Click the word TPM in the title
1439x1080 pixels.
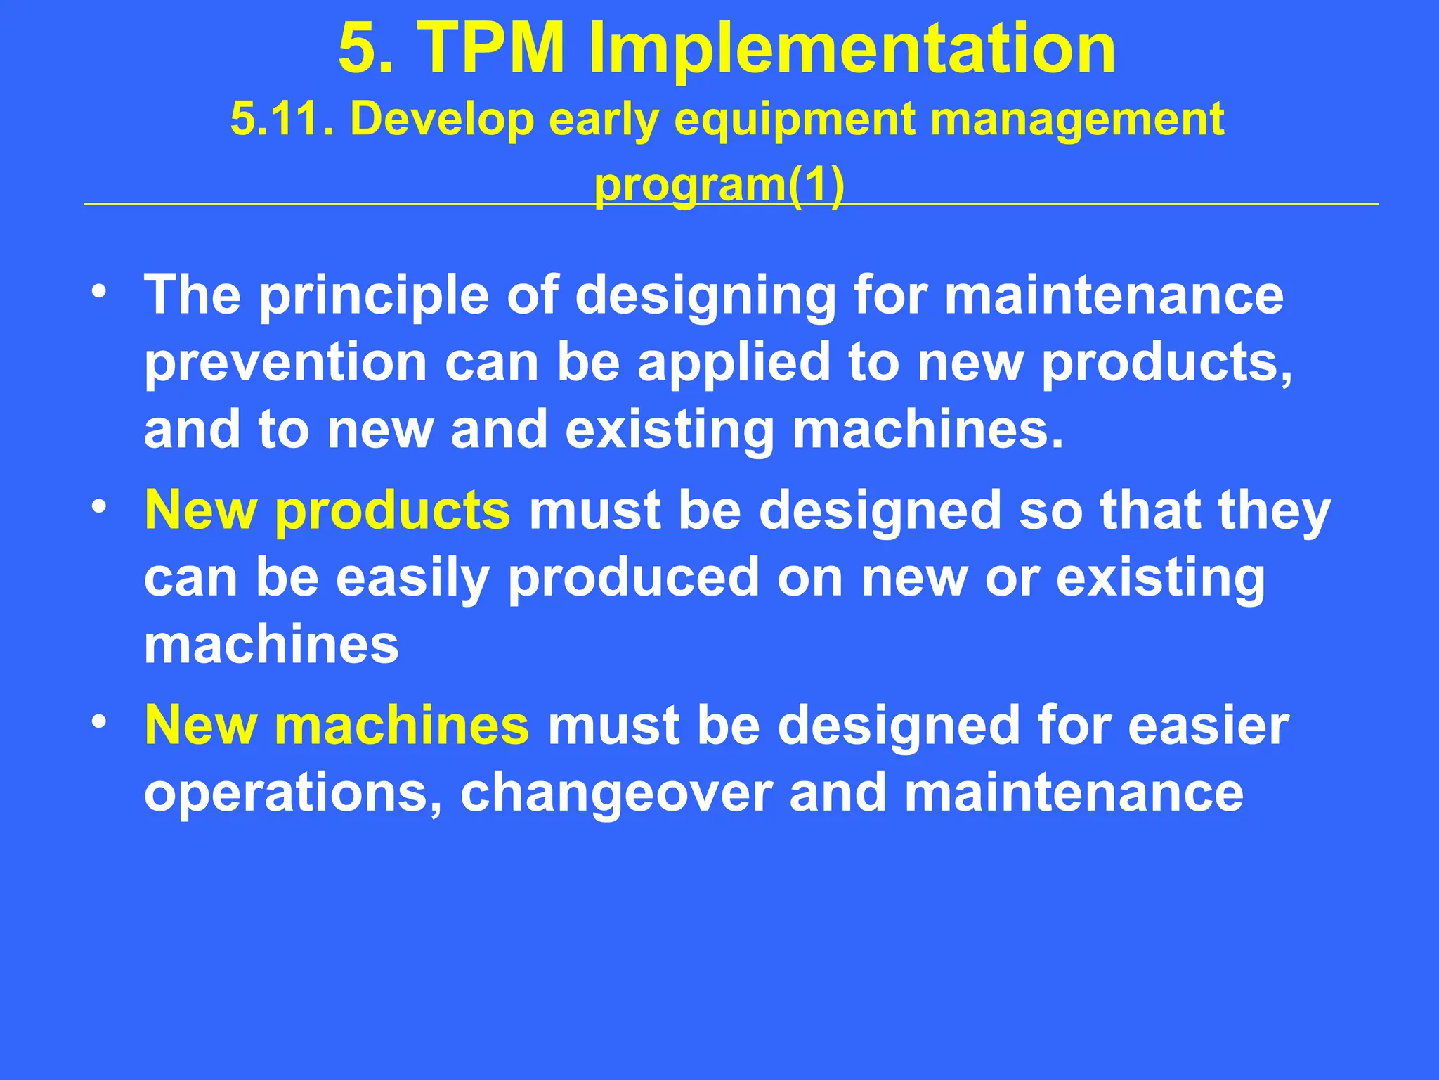(x=491, y=48)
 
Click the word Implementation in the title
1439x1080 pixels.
(x=852, y=48)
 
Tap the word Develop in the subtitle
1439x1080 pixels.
(x=442, y=118)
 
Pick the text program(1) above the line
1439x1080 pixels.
(x=719, y=186)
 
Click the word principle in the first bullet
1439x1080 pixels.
(x=374, y=296)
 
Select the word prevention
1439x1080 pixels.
(x=285, y=362)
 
